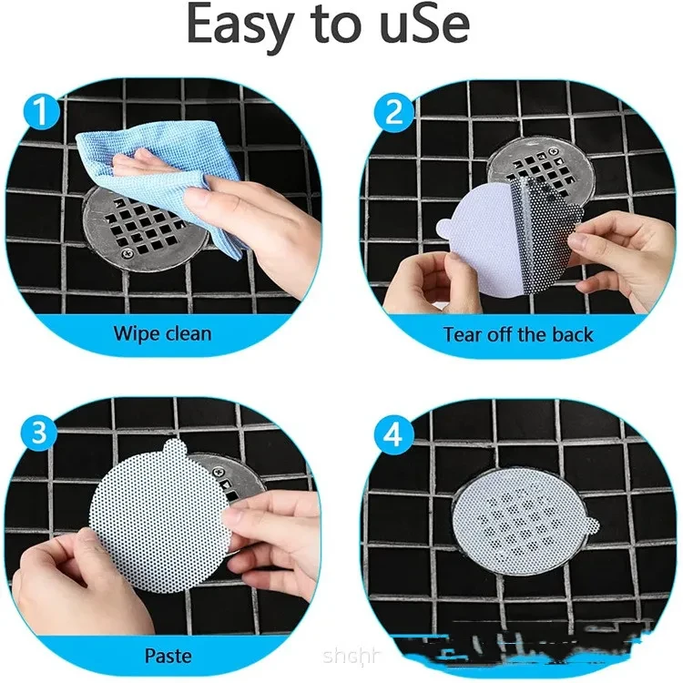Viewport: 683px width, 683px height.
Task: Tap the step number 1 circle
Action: (38, 114)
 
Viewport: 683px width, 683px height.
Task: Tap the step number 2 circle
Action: (393, 114)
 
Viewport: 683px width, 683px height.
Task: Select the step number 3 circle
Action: (38, 434)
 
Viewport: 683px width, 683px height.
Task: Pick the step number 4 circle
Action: (393, 434)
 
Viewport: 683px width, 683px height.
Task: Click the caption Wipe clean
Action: (162, 332)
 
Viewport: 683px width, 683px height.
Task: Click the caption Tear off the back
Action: (517, 333)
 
